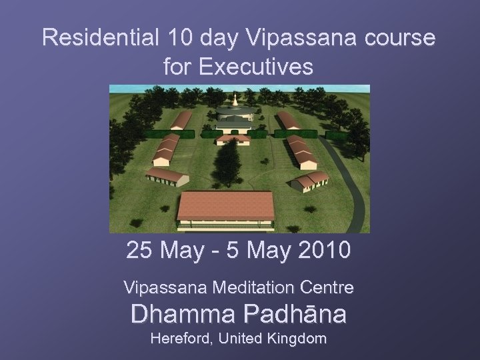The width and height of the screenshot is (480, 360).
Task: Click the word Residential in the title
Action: (x=98, y=38)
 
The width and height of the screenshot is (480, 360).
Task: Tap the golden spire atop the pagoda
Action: (x=234, y=100)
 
